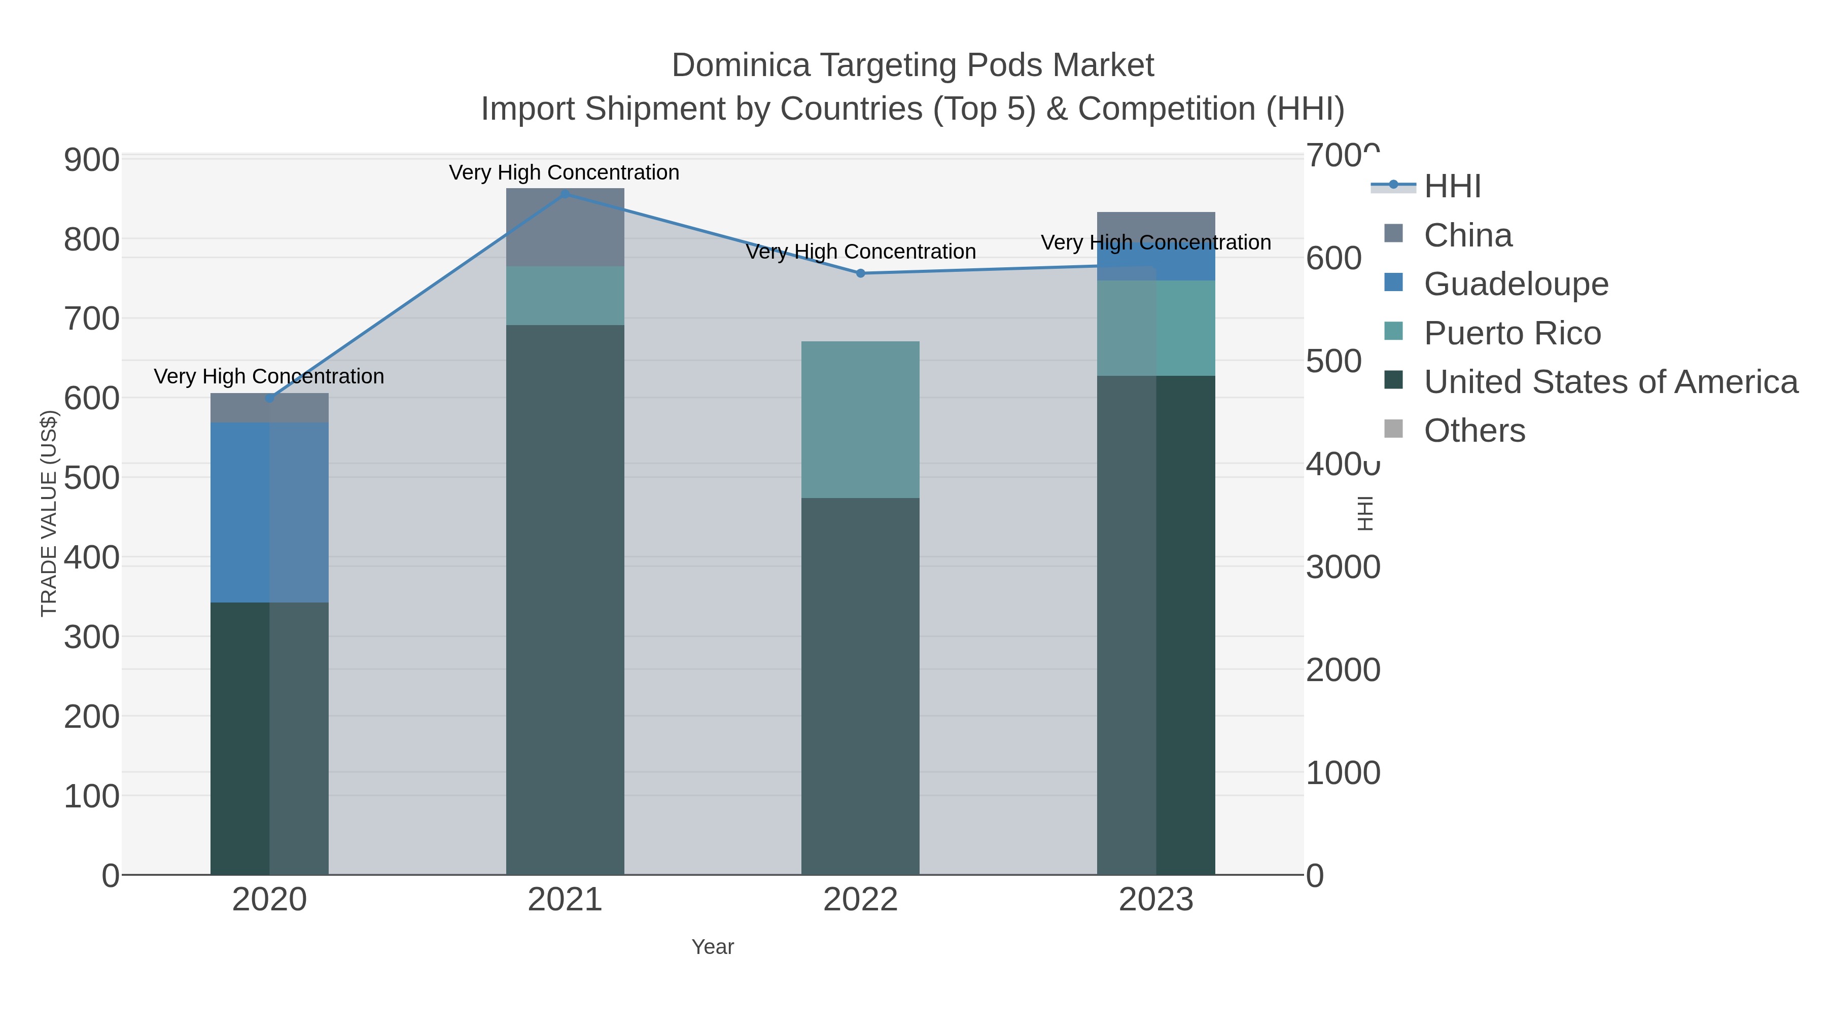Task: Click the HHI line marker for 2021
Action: click(565, 194)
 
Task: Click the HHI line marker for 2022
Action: click(861, 273)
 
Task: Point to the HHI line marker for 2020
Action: click(269, 398)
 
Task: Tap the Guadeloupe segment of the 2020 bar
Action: click(269, 512)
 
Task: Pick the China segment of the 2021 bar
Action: click(565, 227)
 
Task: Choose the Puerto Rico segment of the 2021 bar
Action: click(565, 296)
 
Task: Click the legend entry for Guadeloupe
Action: click(1516, 284)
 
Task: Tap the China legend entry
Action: click(1467, 235)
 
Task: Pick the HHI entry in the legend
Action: click(1452, 187)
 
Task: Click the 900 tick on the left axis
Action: click(91, 160)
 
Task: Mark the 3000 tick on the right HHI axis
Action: click(1343, 567)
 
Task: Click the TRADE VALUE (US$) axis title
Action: click(48, 513)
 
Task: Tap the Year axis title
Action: click(713, 947)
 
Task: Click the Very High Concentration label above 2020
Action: click(269, 376)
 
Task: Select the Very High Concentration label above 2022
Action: click(861, 252)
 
